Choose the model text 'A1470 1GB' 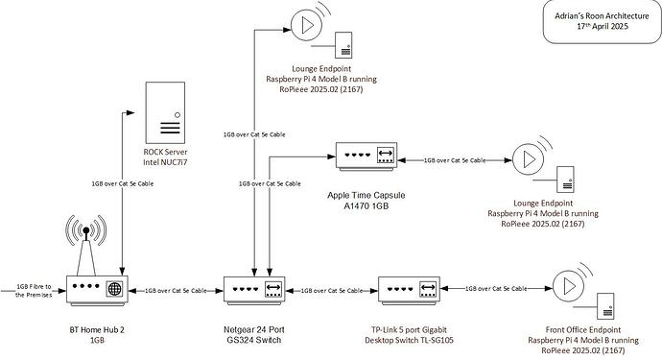click(x=370, y=204)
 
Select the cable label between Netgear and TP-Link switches click(x=335, y=289)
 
